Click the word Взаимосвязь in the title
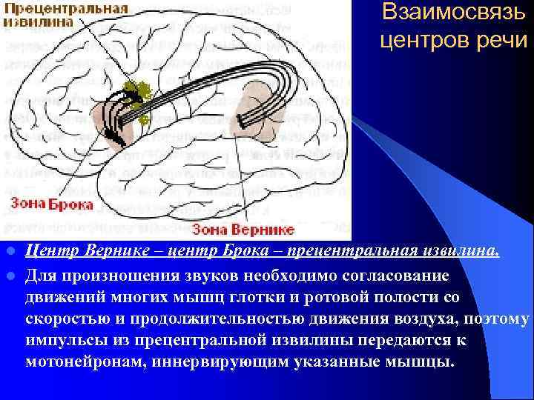pyautogui.click(x=453, y=13)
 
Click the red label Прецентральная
pyautogui.click(x=65, y=9)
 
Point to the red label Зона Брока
pyautogui.click(x=51, y=204)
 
